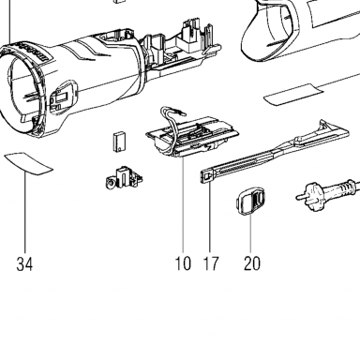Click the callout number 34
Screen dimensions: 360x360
(x=24, y=264)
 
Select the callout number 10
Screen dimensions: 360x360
(x=183, y=263)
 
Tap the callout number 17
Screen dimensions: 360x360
(x=211, y=263)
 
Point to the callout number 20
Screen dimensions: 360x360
(x=252, y=263)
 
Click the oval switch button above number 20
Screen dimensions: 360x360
(x=250, y=202)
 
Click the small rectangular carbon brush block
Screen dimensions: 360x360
(x=119, y=142)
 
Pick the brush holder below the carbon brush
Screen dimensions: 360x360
(x=124, y=179)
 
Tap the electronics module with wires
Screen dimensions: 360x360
(x=193, y=134)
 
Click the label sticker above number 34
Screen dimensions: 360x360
(x=29, y=163)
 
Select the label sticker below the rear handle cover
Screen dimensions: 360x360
(x=294, y=95)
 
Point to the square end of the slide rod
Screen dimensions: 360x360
(x=207, y=177)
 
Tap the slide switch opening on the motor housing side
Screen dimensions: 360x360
(x=63, y=97)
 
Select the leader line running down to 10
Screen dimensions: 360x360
(x=183, y=205)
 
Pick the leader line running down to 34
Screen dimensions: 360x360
(x=25, y=213)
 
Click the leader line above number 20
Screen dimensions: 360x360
(x=251, y=234)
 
